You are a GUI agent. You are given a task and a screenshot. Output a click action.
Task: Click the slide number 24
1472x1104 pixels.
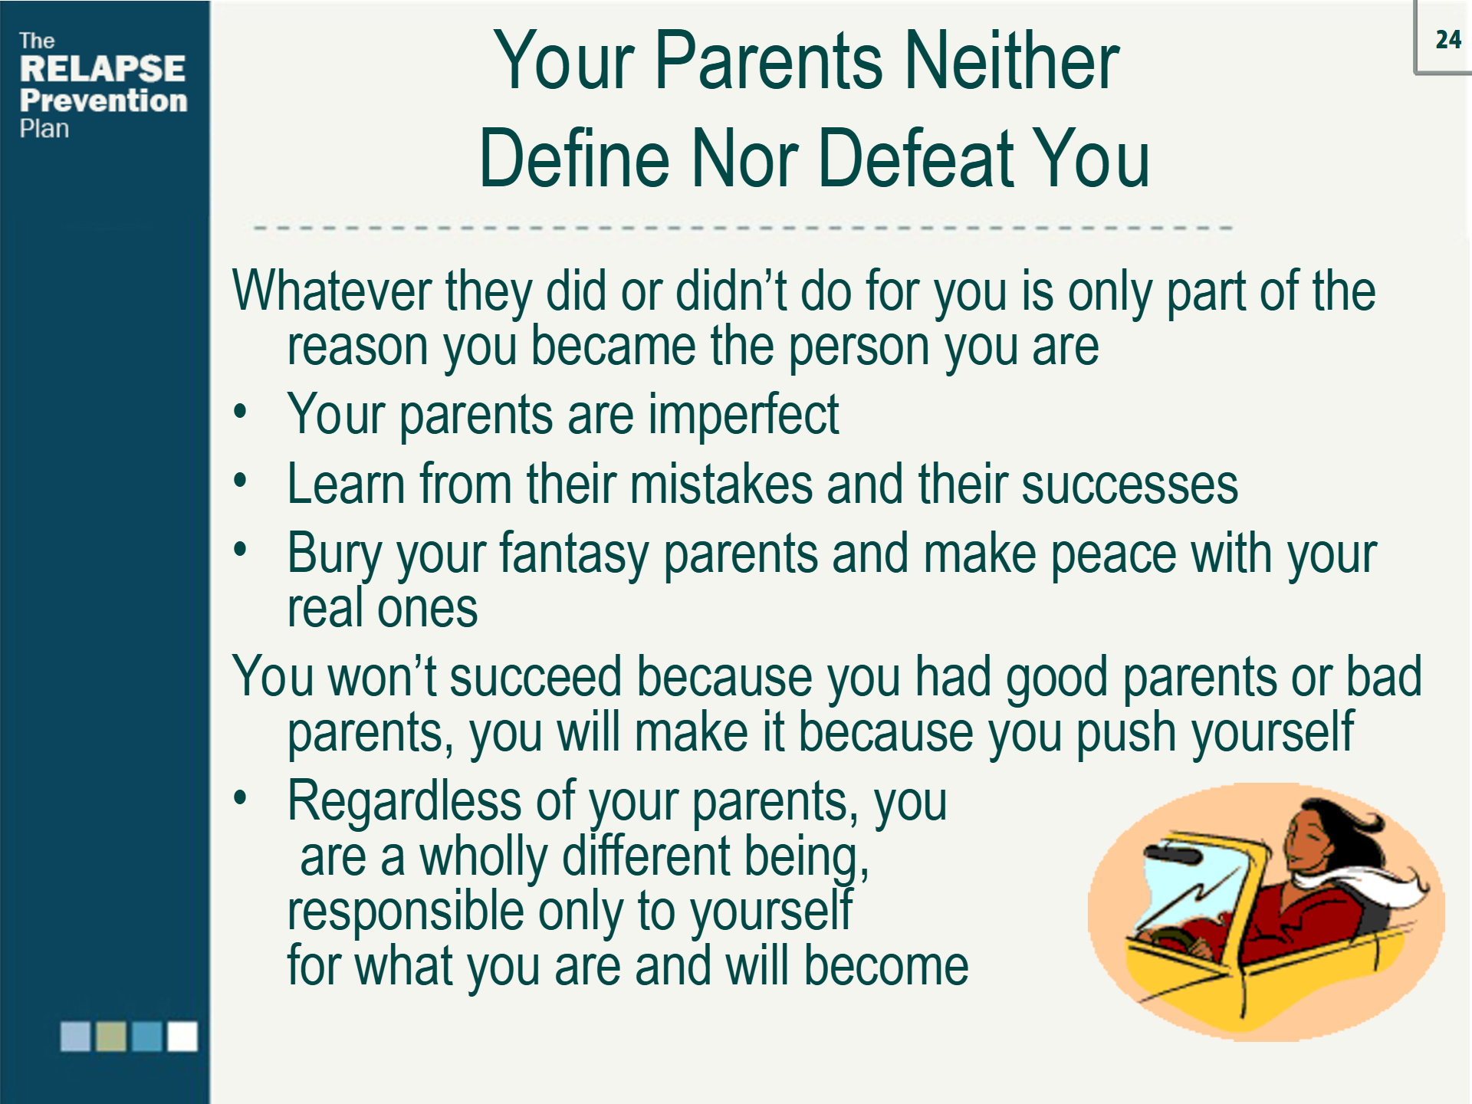(1447, 40)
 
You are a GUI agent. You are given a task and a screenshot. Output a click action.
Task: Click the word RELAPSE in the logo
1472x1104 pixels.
(102, 69)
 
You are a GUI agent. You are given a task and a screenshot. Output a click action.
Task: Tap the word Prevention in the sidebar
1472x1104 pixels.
(103, 100)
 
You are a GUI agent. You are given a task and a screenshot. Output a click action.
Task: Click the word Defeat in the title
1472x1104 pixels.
(917, 159)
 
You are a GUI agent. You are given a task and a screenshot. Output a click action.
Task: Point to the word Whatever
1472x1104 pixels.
(331, 291)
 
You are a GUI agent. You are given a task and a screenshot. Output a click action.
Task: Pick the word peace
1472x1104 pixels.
(1112, 554)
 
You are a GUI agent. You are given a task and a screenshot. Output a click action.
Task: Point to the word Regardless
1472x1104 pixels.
(404, 802)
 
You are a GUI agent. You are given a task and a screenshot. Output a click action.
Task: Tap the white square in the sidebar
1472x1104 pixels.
(182, 1037)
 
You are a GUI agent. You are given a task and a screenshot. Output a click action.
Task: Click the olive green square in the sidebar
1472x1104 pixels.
(110, 1037)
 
